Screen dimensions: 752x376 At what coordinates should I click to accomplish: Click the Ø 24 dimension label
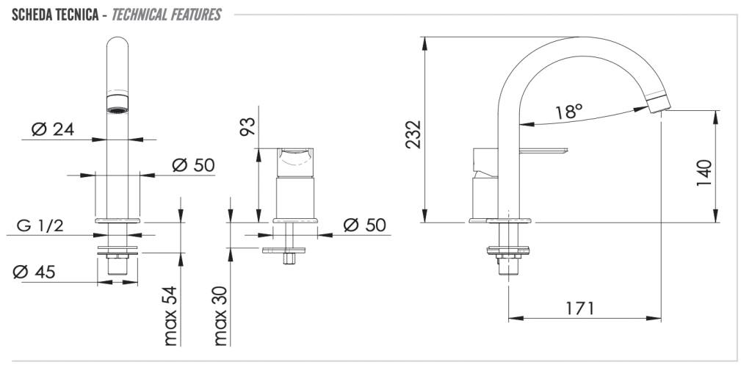coord(53,129)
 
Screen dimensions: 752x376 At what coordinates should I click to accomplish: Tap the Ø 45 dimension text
coord(34,272)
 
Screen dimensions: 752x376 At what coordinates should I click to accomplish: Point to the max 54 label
coord(170,316)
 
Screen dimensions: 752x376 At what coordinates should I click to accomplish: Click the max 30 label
coord(220,316)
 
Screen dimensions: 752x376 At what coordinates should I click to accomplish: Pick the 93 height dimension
coord(248,126)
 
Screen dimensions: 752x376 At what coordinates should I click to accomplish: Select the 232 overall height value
coord(413,134)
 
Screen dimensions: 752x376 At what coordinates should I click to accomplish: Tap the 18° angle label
coord(569,112)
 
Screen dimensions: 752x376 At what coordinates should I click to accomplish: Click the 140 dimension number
coord(704,173)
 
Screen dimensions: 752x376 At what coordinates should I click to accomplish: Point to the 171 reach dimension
coord(579,308)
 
